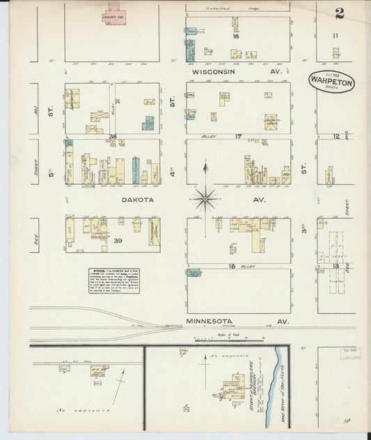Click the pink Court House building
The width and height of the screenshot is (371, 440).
pos(114,13)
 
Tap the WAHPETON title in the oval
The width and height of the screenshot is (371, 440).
pos(332,82)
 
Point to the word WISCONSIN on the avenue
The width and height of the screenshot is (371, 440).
pos(218,71)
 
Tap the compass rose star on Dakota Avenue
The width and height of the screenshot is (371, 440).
pos(205,198)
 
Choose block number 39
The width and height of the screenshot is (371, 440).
pos(118,240)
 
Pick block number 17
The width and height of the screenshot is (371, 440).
pos(238,136)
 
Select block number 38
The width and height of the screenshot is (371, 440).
pos(112,136)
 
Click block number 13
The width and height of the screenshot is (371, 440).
pos(336,265)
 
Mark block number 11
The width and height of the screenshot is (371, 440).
pos(335,35)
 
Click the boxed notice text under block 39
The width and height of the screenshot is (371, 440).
pos(113,280)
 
